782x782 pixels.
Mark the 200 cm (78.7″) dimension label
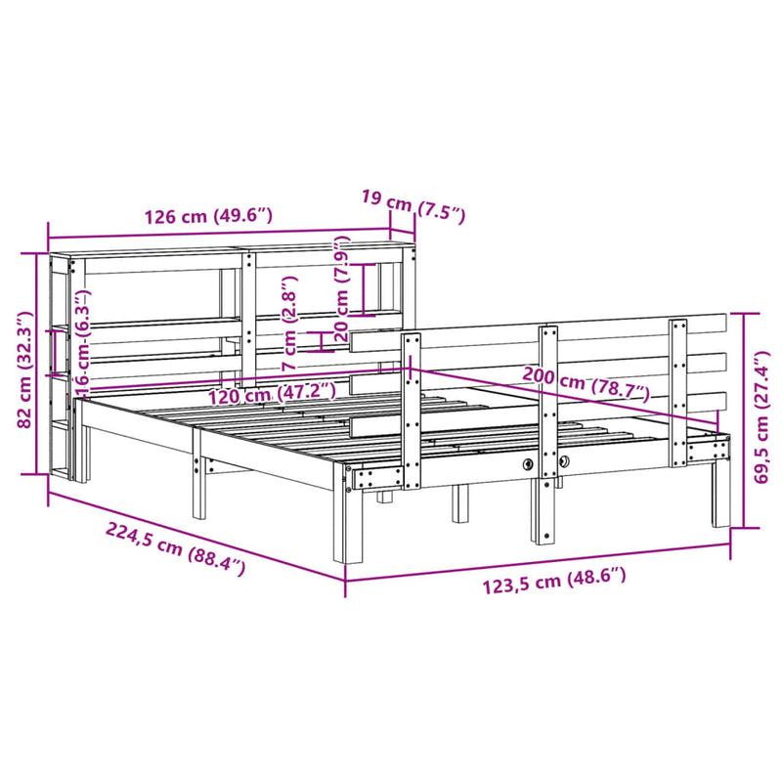click(586, 383)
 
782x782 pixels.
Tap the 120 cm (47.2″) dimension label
click(272, 394)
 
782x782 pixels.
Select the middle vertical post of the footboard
click(548, 430)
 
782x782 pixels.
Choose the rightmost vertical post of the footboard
click(678, 391)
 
